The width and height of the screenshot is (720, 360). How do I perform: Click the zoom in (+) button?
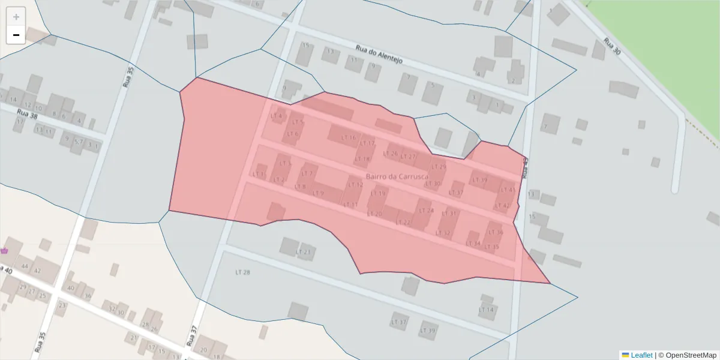pyautogui.click(x=16, y=17)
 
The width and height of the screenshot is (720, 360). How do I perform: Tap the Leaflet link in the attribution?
pyautogui.click(x=641, y=355)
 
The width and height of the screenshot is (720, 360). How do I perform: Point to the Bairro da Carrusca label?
pyautogui.click(x=397, y=177)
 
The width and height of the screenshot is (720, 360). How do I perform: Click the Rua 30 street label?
pyautogui.click(x=611, y=47)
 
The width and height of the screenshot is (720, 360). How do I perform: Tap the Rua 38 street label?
pyautogui.click(x=28, y=114)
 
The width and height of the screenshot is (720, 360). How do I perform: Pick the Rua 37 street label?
pyautogui.click(x=192, y=336)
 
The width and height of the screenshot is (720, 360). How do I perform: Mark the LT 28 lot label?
pyautogui.click(x=242, y=272)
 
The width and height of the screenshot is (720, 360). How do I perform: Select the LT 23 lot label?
pyautogui.click(x=304, y=252)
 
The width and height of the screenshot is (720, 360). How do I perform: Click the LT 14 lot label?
pyautogui.click(x=486, y=310)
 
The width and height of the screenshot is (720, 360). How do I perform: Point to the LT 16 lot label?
pyautogui.click(x=349, y=137)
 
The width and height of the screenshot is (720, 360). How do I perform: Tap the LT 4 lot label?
pyautogui.click(x=276, y=116)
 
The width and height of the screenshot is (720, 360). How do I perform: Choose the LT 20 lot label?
pyautogui.click(x=374, y=214)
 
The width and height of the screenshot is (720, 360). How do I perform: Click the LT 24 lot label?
pyautogui.click(x=426, y=211)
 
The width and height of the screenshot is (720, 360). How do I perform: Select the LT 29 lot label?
pyautogui.click(x=439, y=167)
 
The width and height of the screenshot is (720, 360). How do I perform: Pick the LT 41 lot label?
pyautogui.click(x=508, y=190)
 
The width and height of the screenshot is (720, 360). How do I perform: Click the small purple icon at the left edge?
pyautogui.click(x=4, y=250)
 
